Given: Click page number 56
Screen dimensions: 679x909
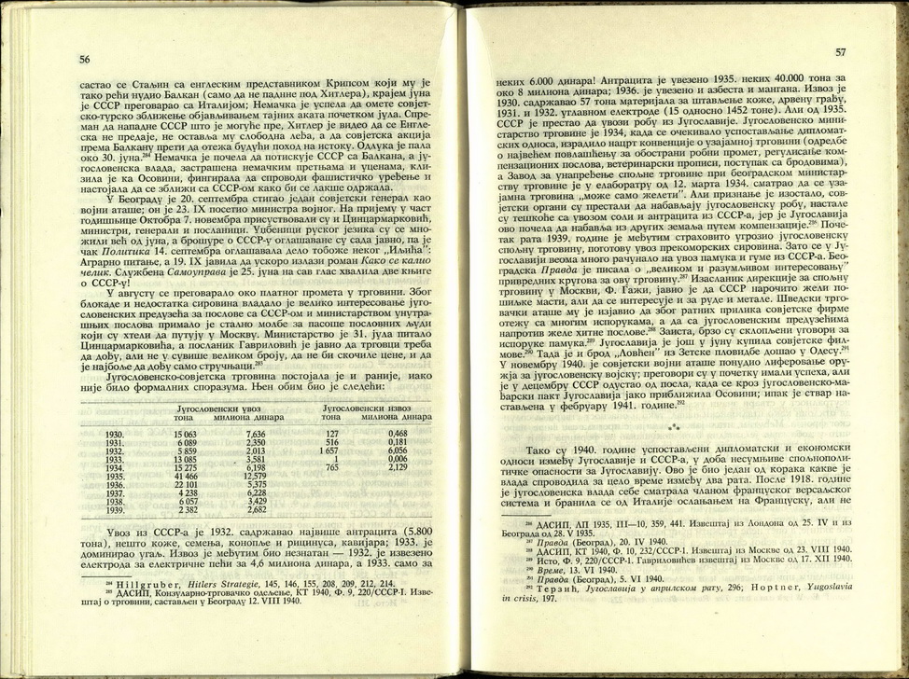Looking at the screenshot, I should pos(85,59).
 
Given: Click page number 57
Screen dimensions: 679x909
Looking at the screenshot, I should pos(840,53).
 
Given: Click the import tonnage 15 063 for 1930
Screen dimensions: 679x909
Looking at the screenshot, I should pos(184,434).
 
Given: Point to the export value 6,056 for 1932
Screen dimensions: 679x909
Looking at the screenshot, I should pos(397,450).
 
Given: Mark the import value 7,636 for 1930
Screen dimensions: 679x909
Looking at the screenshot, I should pos(256,434).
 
